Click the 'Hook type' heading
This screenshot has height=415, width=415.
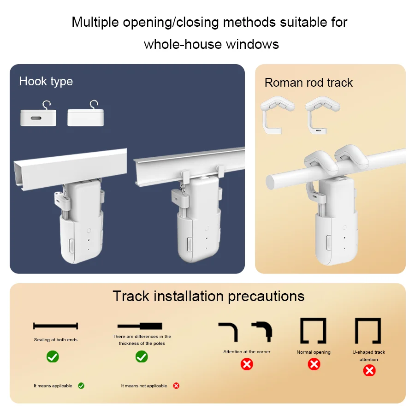(46, 81)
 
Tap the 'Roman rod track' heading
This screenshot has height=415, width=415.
(308, 83)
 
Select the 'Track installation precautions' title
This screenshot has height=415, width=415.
(208, 296)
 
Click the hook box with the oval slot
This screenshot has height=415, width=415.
(38, 113)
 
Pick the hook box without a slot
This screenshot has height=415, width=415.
(85, 113)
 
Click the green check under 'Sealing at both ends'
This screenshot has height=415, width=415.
(53, 356)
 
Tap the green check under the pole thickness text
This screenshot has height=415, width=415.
(142, 356)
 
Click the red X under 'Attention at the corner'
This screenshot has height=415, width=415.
(247, 364)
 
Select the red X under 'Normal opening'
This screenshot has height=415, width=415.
(314, 364)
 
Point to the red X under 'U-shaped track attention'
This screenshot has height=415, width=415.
(369, 371)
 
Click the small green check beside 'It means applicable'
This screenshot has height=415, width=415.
(81, 385)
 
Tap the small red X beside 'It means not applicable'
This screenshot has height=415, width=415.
(176, 385)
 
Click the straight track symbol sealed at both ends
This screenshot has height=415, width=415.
(56, 326)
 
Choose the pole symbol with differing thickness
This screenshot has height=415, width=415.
(140, 326)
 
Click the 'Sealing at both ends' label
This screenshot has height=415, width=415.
(56, 339)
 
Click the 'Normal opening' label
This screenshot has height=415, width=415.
(314, 352)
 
